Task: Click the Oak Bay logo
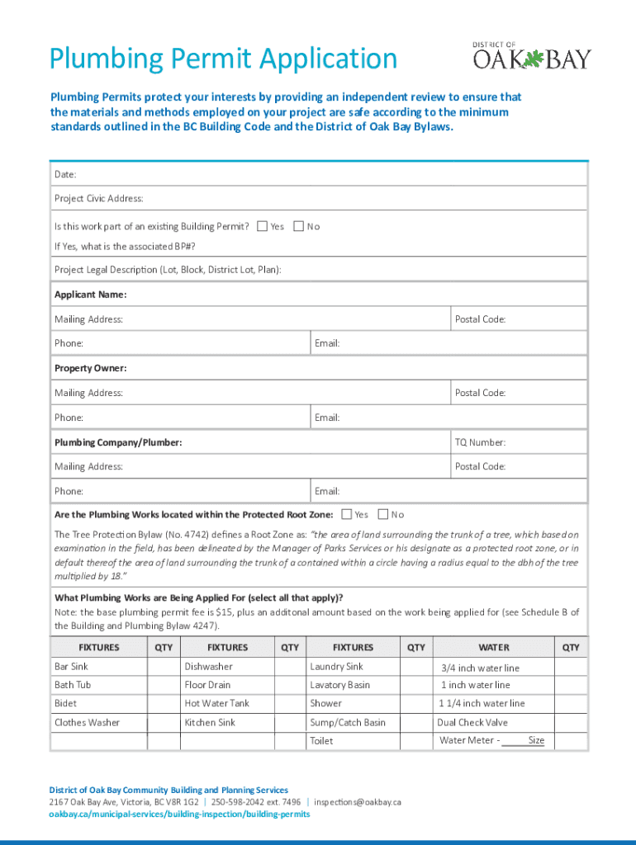pos(531,56)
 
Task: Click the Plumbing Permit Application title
pos(223,59)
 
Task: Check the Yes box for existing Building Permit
pos(262,226)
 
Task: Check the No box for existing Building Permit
pos(298,226)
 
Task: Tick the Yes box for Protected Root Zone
pos(346,515)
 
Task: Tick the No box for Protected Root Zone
pos(382,515)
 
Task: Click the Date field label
pos(65,175)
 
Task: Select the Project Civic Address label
pos(98,199)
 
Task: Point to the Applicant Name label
pos(90,295)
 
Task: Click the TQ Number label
pos(480,442)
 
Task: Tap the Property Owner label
pos(90,368)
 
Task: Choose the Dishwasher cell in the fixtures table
pos(208,667)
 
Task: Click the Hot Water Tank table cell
pos(216,704)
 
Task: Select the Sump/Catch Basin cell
pos(347,723)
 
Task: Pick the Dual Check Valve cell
pos(472,723)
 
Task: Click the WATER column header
pos(494,648)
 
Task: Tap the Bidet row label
pos(66,704)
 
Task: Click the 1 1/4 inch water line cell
pos(482,704)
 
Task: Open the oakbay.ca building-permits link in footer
pos(179,814)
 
